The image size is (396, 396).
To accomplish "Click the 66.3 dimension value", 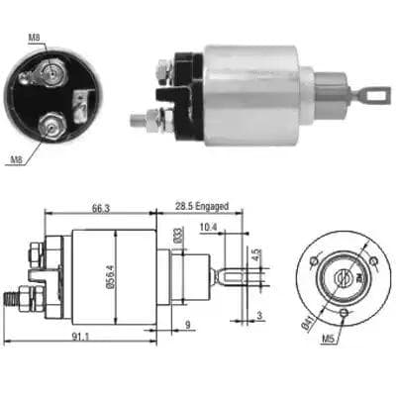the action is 101,208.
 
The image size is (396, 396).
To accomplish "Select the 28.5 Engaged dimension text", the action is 202,207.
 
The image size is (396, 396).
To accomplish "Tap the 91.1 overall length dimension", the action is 81,337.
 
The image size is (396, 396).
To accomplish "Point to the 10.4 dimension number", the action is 208,227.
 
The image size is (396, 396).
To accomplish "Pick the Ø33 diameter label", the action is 178,236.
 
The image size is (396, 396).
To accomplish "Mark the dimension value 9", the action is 187,325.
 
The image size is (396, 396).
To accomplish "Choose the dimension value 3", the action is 259,316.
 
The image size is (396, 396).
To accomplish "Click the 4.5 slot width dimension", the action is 258,255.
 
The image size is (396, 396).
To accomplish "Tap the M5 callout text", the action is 329,338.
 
